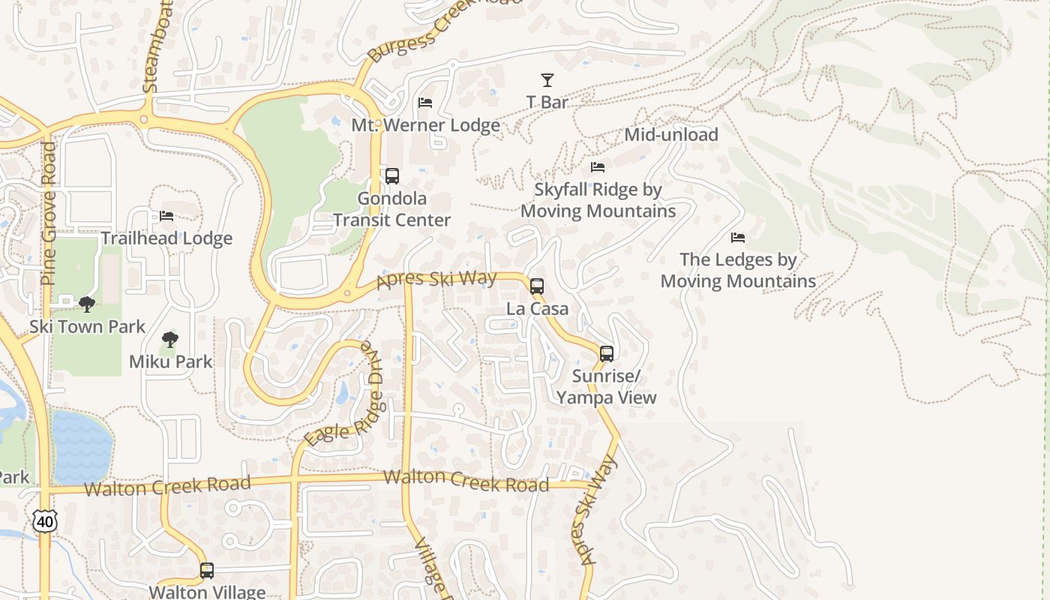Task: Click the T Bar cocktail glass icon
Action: pyautogui.click(x=547, y=79)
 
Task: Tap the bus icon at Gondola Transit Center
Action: pyautogui.click(x=391, y=176)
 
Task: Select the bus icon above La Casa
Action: pyautogui.click(x=537, y=286)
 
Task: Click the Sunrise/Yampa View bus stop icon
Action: pyautogui.click(x=607, y=353)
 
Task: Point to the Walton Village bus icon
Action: pyautogui.click(x=207, y=571)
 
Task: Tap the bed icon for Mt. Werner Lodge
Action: pyautogui.click(x=425, y=102)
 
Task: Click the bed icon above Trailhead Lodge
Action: pyautogui.click(x=166, y=216)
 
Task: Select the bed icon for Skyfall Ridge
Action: pyautogui.click(x=598, y=166)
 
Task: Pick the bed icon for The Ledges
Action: pyautogui.click(x=738, y=238)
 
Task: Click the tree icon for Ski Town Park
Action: pyautogui.click(x=87, y=304)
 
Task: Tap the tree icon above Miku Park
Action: pyautogui.click(x=170, y=339)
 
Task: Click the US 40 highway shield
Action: pyautogui.click(x=44, y=521)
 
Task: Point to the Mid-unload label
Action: pyautogui.click(x=671, y=135)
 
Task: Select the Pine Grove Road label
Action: pyautogui.click(x=48, y=214)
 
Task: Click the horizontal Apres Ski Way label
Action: pyautogui.click(x=436, y=279)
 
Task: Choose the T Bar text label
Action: pyautogui.click(x=547, y=102)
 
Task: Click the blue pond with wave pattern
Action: pyautogui.click(x=82, y=447)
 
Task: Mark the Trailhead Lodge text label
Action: pyautogui.click(x=166, y=238)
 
